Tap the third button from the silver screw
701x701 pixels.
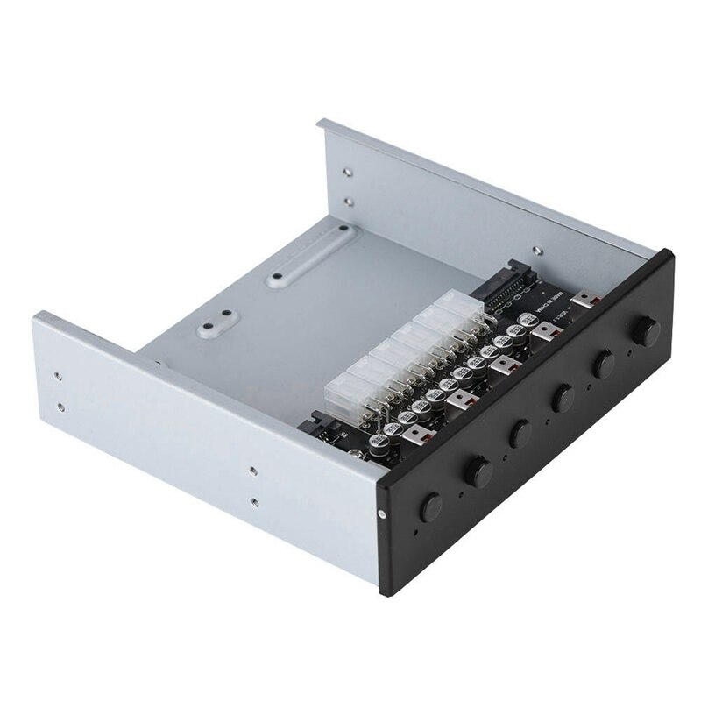click(x=520, y=431)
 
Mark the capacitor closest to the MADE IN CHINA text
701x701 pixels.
click(x=529, y=324)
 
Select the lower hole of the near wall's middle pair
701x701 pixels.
click(x=252, y=502)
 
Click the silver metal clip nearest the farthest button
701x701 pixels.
click(x=582, y=302)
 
